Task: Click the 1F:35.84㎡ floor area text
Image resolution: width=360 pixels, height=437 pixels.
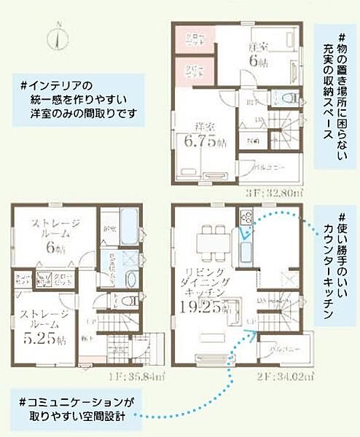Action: pos(130,376)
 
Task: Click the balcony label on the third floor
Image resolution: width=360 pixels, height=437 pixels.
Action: pos(271,167)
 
